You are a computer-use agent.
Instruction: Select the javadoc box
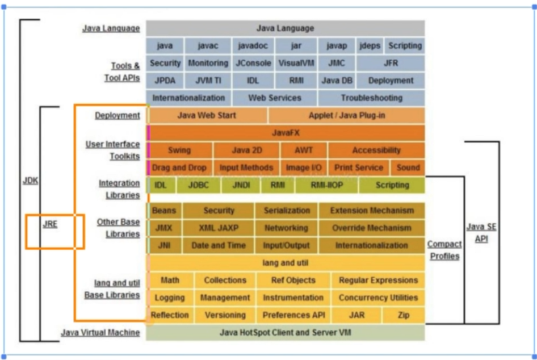(x=253, y=46)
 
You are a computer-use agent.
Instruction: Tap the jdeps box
(x=370, y=46)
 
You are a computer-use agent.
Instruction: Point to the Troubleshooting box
(x=371, y=98)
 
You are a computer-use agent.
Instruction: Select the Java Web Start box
(x=207, y=115)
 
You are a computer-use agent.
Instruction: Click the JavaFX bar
(x=286, y=133)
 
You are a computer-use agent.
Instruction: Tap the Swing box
(x=179, y=150)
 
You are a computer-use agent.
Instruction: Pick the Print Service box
(x=359, y=168)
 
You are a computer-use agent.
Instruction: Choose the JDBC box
(x=199, y=185)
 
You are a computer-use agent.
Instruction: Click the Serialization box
(x=287, y=211)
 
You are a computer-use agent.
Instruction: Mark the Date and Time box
(x=219, y=245)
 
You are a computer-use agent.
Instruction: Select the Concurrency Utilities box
(x=378, y=298)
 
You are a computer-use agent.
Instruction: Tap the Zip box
(x=402, y=315)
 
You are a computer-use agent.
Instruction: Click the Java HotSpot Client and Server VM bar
(x=286, y=332)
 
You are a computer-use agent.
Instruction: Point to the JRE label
(x=50, y=224)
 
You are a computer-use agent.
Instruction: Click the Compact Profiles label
(x=444, y=250)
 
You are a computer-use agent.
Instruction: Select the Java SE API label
(x=481, y=233)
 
